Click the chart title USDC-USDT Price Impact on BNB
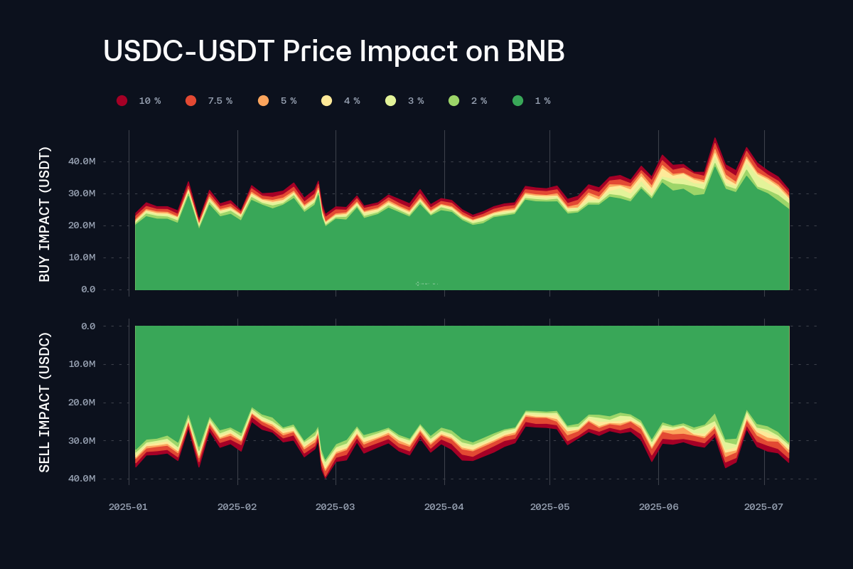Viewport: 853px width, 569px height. point(333,51)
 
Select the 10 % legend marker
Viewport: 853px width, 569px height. point(122,101)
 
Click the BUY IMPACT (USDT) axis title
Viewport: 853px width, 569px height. point(45,214)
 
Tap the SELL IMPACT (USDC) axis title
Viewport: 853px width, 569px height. point(45,402)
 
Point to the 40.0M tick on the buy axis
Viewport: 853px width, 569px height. point(80,161)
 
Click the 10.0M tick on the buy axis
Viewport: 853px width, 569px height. point(80,257)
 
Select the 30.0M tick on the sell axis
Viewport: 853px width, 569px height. point(80,441)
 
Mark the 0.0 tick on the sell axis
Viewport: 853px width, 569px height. point(88,326)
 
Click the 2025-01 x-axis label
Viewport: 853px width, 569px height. point(129,507)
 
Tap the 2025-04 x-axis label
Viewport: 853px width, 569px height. point(444,507)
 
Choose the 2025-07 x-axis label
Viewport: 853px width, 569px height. point(763,507)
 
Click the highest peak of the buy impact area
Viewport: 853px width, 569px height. point(715,139)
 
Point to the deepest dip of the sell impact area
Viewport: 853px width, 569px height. point(326,476)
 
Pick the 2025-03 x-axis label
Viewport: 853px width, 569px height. point(335,507)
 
